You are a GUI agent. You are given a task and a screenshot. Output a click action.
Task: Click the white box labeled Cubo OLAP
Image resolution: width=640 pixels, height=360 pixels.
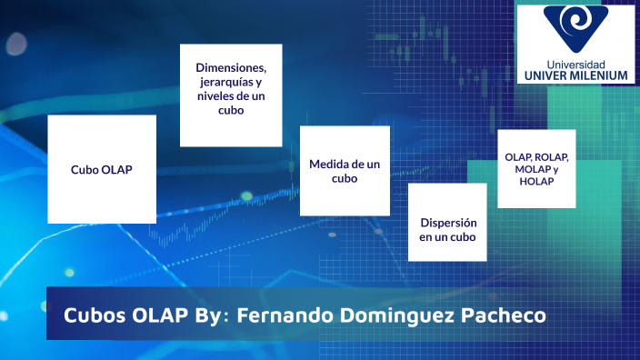[x=102, y=169]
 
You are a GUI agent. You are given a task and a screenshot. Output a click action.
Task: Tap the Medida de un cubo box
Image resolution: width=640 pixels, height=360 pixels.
[x=345, y=170]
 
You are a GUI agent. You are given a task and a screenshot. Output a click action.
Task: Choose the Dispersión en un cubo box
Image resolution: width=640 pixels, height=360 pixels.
[x=447, y=222]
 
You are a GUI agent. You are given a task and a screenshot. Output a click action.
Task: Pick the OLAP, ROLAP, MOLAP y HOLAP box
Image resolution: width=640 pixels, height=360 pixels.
[x=537, y=168]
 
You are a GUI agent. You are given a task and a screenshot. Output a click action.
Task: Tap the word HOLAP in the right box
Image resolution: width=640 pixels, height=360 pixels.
[x=536, y=182]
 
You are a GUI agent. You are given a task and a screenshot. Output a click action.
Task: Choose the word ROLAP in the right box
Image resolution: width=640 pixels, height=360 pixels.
[x=553, y=156]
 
